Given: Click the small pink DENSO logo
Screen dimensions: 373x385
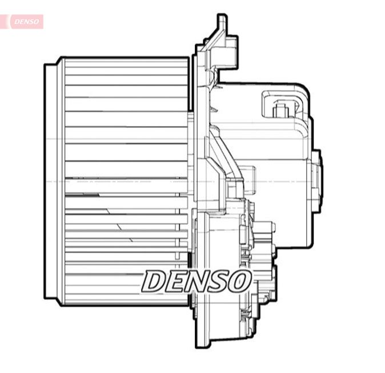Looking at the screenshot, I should [x=25, y=22].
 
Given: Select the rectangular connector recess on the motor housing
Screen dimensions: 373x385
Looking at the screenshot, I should [x=284, y=105].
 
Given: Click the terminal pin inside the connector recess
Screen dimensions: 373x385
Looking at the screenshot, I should [x=280, y=110].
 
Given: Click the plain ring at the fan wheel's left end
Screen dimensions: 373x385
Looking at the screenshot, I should [x=52, y=181].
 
